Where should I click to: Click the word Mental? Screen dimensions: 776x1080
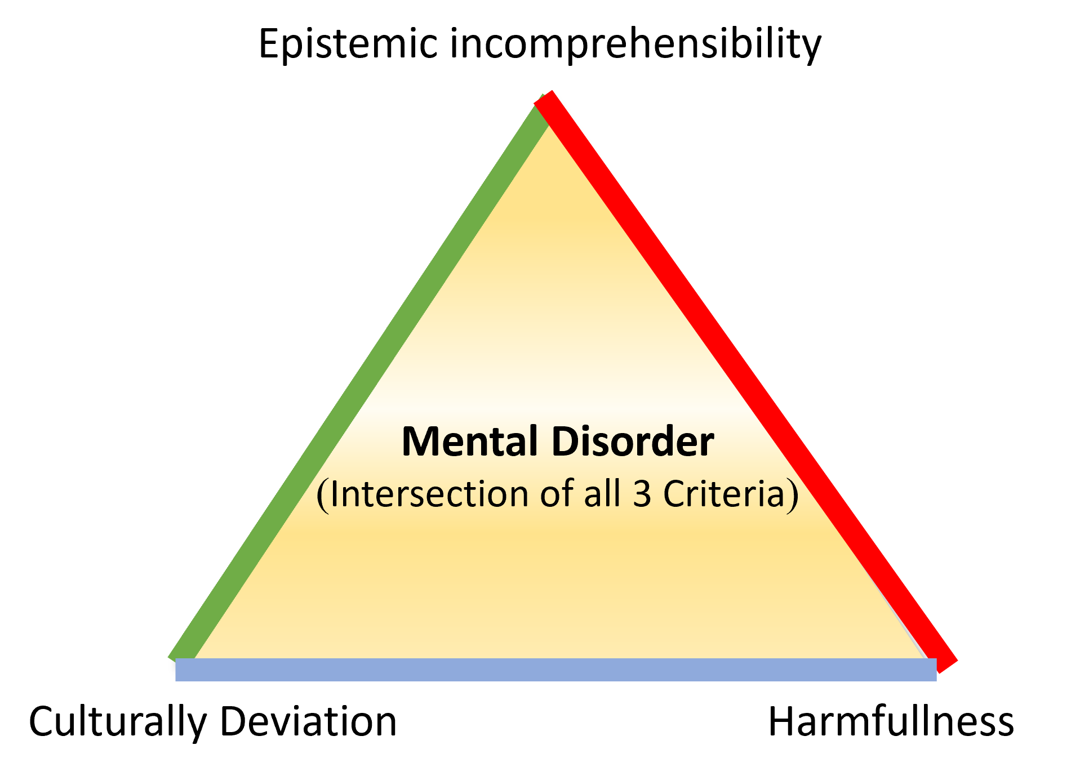[x=469, y=441]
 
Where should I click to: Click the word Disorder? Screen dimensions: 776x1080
[x=633, y=441]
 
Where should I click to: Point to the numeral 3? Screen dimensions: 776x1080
[x=642, y=494]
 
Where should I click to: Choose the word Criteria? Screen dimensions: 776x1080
[x=724, y=494]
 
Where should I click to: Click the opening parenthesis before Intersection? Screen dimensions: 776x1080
[x=322, y=496]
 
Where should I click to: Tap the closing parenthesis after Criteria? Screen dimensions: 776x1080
[x=793, y=496]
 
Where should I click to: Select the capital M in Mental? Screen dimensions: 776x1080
[x=417, y=441]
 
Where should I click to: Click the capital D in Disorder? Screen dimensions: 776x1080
[x=565, y=441]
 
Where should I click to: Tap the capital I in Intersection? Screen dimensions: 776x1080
[x=334, y=494]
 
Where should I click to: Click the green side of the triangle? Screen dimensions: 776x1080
[x=361, y=377]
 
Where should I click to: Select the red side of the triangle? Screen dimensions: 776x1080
[x=744, y=377]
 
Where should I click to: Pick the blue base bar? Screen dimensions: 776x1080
[x=555, y=670]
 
